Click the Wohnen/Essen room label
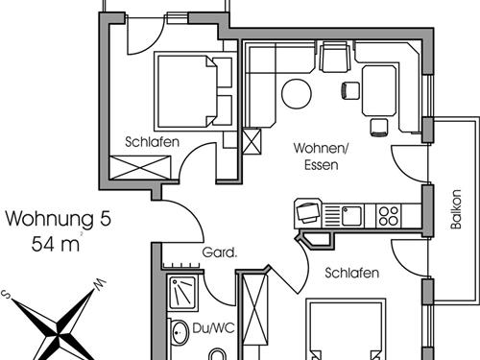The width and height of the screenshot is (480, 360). click(x=315, y=156)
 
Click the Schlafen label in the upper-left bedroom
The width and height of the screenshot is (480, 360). click(x=148, y=142)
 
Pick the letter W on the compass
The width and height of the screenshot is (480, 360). click(x=98, y=284)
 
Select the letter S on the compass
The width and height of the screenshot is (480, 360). click(x=8, y=295)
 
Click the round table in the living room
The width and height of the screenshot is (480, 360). click(x=297, y=93)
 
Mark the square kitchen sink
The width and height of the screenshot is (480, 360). click(x=352, y=214)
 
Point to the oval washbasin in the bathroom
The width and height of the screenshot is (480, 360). click(x=179, y=335)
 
